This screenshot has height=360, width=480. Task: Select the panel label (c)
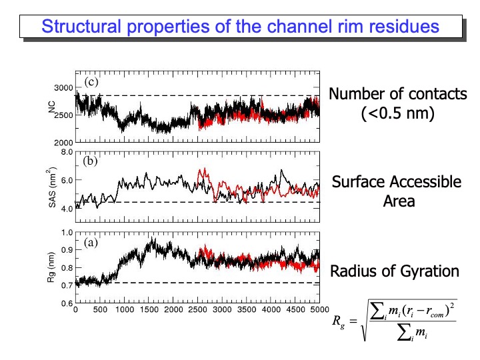91,83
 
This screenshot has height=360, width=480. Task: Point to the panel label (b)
91,161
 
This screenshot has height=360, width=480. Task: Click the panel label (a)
91,243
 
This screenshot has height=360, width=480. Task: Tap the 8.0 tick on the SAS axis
66,152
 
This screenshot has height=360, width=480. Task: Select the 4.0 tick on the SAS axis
66,209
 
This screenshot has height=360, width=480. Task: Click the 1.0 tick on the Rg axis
66,233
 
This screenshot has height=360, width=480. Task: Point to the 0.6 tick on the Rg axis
66,304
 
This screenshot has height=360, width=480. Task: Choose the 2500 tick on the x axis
197,311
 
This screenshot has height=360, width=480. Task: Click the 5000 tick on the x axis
319,311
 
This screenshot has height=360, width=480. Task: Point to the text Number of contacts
398,94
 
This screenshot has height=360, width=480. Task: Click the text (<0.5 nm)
398,114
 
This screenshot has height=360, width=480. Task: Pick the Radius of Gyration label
395,271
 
